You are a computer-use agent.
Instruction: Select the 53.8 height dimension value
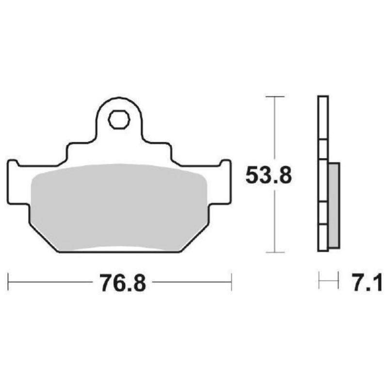[268, 176]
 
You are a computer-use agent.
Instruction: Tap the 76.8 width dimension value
[123, 283]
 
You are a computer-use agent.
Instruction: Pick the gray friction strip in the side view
[334, 204]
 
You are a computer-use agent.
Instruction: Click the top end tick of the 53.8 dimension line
[275, 97]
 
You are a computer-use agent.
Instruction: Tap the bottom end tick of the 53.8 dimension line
[275, 252]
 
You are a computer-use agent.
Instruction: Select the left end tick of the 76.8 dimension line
[8, 282]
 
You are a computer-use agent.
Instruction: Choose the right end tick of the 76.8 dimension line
[231, 282]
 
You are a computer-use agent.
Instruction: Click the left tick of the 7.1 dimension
[319, 281]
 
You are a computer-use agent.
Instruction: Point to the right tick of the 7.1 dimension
[337, 281]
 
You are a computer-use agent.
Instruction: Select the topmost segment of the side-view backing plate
[323, 118]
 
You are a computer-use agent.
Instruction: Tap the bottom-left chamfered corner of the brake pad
[44, 240]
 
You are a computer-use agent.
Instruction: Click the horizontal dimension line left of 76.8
[51, 282]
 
